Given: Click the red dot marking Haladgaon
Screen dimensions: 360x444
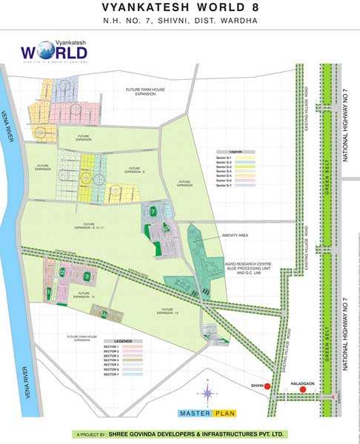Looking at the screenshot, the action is [x=302, y=389].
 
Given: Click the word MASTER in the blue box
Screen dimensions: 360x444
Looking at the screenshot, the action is [x=194, y=413].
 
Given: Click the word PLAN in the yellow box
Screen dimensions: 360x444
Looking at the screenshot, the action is [x=224, y=413].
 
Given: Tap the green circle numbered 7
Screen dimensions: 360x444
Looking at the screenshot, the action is [x=153, y=211].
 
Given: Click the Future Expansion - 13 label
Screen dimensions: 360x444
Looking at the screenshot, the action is [x=167, y=312].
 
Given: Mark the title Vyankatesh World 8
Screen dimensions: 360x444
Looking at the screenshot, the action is [x=179, y=9].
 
